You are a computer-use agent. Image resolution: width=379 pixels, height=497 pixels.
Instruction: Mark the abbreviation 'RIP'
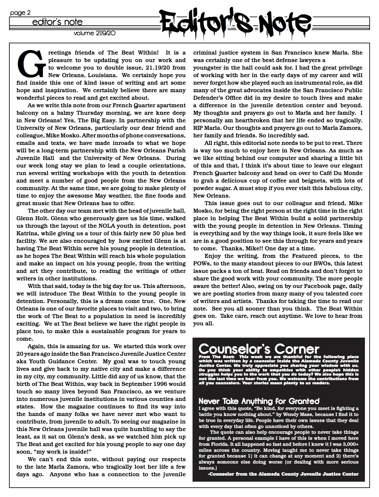click(x=199, y=128)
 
